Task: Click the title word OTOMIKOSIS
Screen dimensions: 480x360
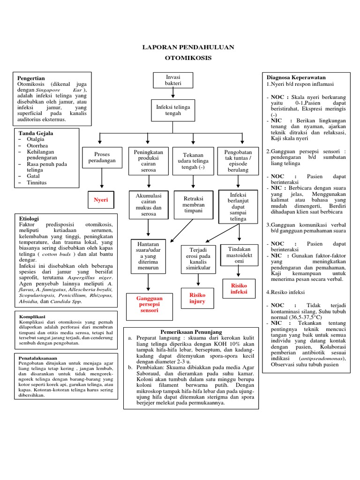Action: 188,58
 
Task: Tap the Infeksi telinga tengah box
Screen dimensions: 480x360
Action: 172,110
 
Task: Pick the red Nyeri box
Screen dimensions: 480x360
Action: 101,200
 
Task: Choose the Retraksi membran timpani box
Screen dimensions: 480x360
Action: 194,204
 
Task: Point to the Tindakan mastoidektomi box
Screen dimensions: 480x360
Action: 239,255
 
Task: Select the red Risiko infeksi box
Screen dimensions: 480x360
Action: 239,289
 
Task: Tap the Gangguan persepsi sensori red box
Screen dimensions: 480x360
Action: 149,304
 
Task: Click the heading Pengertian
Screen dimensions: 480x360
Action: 31,78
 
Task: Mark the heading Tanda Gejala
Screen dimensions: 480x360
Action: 35,133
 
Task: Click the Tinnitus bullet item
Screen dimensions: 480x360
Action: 37,182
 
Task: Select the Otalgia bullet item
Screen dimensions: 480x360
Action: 36,140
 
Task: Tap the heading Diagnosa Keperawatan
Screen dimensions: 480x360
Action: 296,77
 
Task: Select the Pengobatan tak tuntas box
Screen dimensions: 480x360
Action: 238,161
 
